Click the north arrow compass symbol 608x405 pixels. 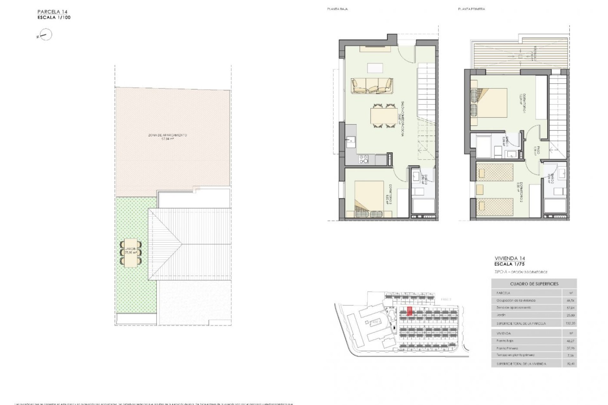[46, 35]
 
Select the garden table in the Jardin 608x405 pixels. [130, 253]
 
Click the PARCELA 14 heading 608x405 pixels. [52, 12]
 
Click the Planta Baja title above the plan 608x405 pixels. [337, 9]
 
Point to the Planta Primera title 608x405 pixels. [471, 9]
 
